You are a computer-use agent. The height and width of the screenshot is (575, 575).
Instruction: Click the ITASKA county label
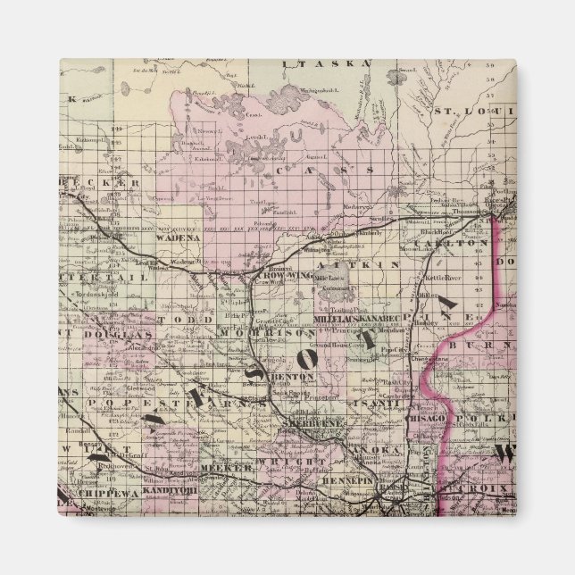pos(313,64)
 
